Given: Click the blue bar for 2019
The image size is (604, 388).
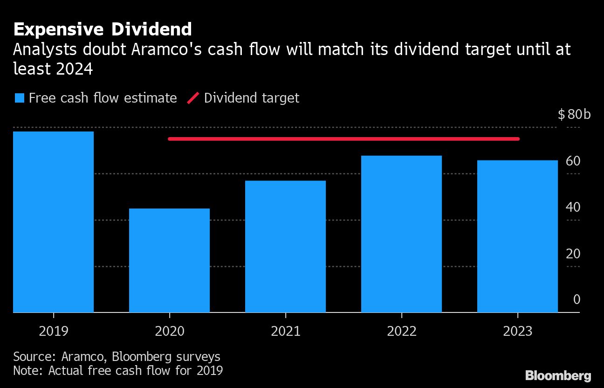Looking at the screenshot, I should pos(53,222).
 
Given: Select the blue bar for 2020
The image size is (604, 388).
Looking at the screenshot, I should pos(169,260).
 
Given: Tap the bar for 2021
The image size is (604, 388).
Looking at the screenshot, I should pos(285,246).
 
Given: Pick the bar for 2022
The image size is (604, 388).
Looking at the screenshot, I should pos(401,234).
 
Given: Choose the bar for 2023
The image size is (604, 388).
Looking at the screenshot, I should pos(517,236).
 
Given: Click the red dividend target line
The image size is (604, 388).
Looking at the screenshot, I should pos(343,139).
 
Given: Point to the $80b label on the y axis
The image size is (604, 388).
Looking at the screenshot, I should pos(574,114).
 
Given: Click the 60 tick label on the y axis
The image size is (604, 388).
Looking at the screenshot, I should pos(573,161).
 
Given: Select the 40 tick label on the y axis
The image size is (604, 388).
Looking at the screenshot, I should pos(573,207).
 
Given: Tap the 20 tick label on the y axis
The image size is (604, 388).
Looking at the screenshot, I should pos(573,254).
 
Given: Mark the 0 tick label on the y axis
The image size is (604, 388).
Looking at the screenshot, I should pos(577,299).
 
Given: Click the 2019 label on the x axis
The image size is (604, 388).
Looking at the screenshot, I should pos(54,331).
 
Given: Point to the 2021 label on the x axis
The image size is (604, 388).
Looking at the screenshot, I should pos(286,331).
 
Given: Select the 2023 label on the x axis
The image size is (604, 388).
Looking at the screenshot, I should pos(518,331).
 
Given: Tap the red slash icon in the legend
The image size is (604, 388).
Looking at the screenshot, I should pos(193,98).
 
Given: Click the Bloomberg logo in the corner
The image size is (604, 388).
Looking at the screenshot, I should pos(558,375).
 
